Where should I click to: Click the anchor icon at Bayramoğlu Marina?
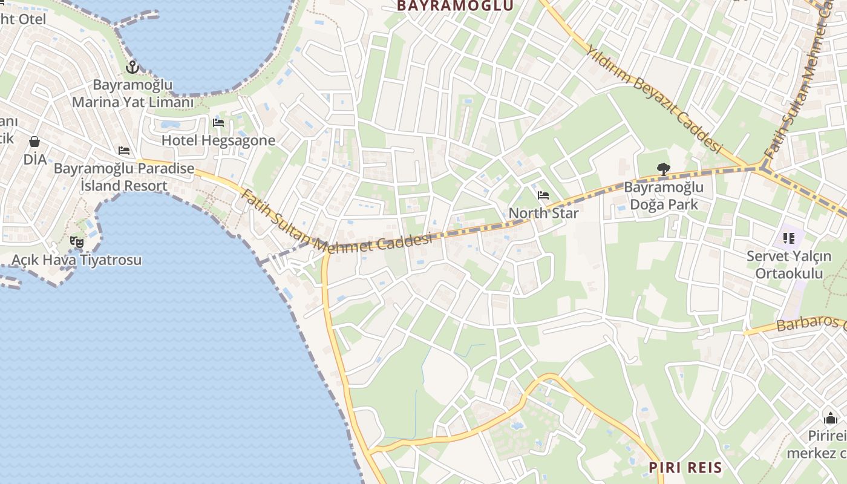[132, 67]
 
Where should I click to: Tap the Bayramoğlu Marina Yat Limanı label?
[132, 94]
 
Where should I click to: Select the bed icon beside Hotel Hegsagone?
[218, 123]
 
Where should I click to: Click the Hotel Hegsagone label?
[218, 140]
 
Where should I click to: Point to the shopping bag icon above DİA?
[34, 142]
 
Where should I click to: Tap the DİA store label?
[35, 160]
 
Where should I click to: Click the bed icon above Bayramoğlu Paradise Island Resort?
[124, 151]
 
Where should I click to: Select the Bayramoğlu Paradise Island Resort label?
[124, 177]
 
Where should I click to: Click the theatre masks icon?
[77, 242]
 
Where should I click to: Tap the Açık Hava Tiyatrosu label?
[77, 260]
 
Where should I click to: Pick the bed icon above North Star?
[543, 195]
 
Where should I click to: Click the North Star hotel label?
[543, 213]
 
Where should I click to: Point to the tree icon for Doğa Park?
[664, 169]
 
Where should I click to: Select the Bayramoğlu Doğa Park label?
[664, 196]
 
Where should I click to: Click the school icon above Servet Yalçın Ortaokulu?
[788, 238]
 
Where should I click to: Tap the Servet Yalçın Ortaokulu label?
[788, 264]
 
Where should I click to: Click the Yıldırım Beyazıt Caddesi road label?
[655, 99]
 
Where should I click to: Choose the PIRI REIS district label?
[685, 468]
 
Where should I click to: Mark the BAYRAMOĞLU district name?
[455, 6]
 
